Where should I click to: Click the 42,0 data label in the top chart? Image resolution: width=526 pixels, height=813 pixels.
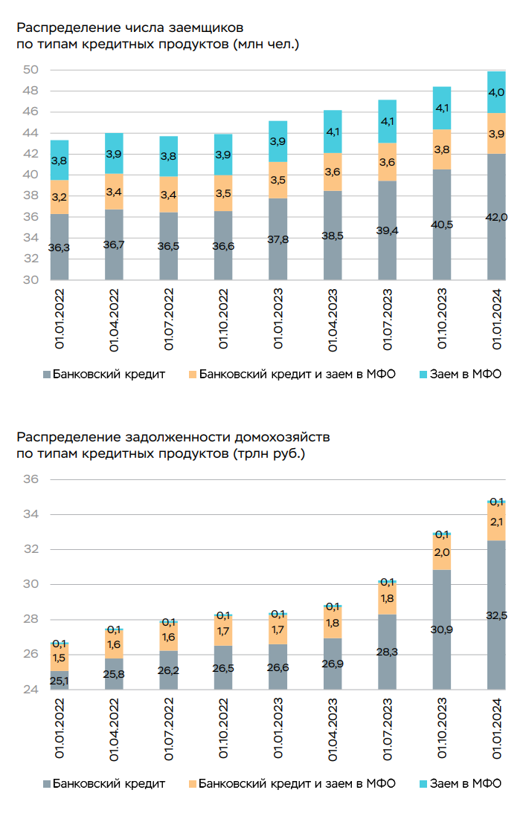[x=496, y=217]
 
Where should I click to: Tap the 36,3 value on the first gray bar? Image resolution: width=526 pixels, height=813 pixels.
[x=60, y=247]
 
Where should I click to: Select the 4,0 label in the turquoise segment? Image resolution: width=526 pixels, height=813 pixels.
[x=496, y=93]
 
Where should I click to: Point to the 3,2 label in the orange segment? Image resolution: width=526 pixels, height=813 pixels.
[x=60, y=198]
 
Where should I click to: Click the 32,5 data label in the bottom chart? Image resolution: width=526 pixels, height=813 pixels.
[x=496, y=615]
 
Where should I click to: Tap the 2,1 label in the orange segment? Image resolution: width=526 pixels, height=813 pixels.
[x=496, y=522]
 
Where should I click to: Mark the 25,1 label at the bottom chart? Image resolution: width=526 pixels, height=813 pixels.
[x=60, y=681]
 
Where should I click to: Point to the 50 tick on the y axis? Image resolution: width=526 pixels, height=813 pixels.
[x=31, y=70]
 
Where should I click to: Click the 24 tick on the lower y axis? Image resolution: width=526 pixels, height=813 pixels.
[x=31, y=690]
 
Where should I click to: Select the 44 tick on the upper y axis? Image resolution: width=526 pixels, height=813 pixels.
[x=31, y=133]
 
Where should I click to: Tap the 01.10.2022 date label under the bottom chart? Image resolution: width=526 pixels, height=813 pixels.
[x=224, y=729]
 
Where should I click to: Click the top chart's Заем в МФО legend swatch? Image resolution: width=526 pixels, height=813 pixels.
[x=424, y=374]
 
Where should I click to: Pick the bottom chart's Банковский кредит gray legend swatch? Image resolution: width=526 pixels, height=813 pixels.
[x=48, y=783]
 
